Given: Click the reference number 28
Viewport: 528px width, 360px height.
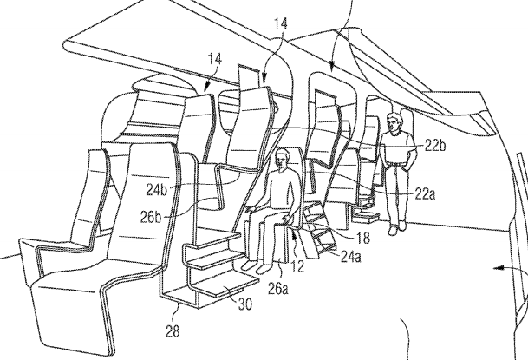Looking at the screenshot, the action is tap(173, 331).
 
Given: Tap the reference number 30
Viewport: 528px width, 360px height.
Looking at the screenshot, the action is tap(244, 304).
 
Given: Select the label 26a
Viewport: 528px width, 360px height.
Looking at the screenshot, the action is tap(278, 288).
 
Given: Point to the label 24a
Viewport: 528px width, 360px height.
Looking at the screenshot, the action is tap(350, 257).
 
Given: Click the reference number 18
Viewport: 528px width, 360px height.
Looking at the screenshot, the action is tap(362, 238).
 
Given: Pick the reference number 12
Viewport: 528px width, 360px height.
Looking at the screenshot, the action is tap(297, 265).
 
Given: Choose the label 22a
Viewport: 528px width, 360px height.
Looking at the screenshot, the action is tap(425, 194).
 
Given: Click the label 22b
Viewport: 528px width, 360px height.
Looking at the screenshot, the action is tap(435, 146).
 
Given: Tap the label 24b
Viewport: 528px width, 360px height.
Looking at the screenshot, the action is tap(157, 190).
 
